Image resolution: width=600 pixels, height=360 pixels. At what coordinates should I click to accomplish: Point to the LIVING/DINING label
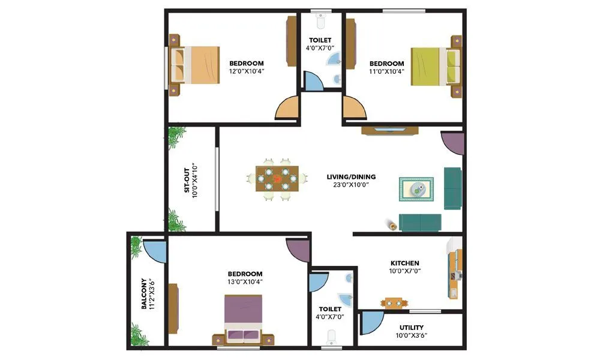pyautogui.click(x=351, y=177)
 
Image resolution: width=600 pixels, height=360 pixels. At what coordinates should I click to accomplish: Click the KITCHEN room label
pyautogui.click(x=405, y=263)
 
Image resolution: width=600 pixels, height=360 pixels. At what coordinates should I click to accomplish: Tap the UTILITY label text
pyautogui.click(x=411, y=328)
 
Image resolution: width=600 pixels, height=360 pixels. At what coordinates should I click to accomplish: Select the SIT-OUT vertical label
pyautogui.click(x=187, y=179)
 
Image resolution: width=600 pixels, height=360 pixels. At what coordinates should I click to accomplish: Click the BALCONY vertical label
pyautogui.click(x=145, y=293)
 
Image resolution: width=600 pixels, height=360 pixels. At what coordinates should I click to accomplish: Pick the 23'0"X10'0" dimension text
pyautogui.click(x=351, y=185)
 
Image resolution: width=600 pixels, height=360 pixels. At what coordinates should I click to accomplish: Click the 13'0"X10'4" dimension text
pyautogui.click(x=245, y=281)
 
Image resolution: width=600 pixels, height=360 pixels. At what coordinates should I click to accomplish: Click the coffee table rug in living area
pyautogui.click(x=416, y=190)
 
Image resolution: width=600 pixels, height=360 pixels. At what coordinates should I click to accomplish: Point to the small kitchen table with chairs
pyautogui.click(x=394, y=303)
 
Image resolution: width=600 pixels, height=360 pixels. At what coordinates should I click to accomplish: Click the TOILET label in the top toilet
pyautogui.click(x=320, y=40)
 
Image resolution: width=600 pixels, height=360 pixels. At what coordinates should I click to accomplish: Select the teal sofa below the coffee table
pyautogui.click(x=420, y=222)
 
